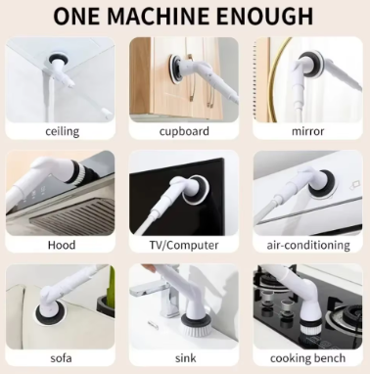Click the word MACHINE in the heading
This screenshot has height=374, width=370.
tap(159, 17)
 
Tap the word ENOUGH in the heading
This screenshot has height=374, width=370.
tap(265, 17)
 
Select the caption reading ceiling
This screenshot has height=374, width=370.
tap(62, 131)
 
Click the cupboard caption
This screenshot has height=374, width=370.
tap(184, 131)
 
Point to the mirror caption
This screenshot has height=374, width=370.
tap(307, 131)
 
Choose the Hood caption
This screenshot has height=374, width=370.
tap(62, 245)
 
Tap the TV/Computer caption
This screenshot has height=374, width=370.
tap(184, 245)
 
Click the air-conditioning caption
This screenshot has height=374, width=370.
tap(308, 245)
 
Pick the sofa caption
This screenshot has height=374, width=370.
tap(61, 358)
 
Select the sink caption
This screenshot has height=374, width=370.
tap(186, 358)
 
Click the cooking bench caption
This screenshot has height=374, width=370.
tap(307, 358)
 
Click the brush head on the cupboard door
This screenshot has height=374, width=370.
tap(175, 70)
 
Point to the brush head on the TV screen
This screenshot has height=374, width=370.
tap(196, 190)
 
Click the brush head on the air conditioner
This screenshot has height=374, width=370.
tap(321, 184)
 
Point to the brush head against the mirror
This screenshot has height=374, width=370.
tap(310, 65)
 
